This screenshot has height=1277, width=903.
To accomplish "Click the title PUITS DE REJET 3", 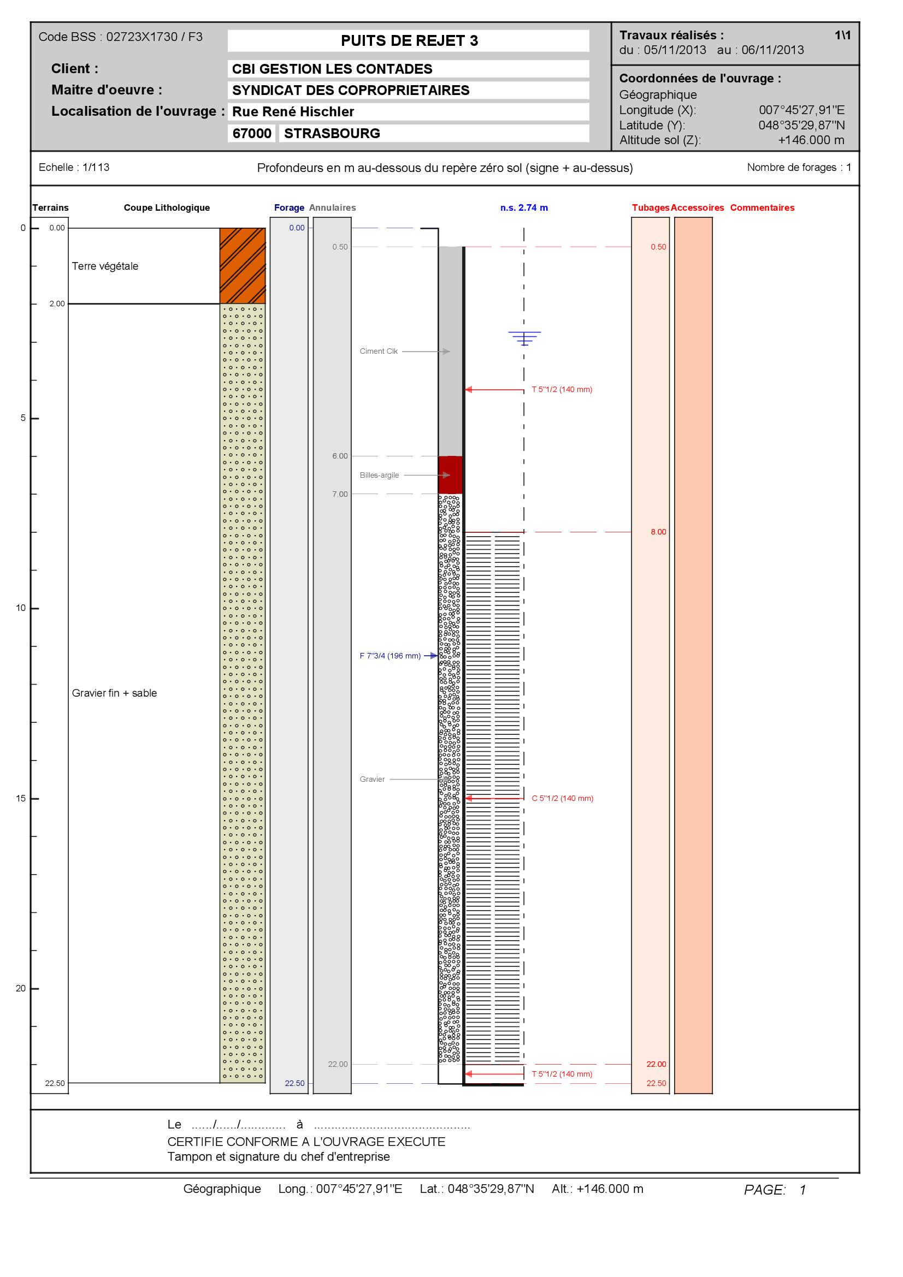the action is click(x=409, y=40).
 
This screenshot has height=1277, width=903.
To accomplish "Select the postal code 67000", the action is click(x=251, y=133).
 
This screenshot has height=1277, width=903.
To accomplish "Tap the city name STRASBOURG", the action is click(x=332, y=133).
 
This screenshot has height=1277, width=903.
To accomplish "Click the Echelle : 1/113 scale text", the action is click(x=74, y=168).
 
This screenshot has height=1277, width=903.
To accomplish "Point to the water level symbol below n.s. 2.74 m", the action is click(x=524, y=338).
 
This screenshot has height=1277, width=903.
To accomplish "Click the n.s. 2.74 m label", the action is click(x=524, y=208).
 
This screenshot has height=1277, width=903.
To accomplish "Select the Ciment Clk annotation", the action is click(x=379, y=352).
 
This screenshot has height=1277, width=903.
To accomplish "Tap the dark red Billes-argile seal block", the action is click(x=450, y=475).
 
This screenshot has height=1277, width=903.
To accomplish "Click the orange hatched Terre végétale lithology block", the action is click(x=243, y=266).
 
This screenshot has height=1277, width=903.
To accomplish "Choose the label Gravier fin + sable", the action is click(x=115, y=693).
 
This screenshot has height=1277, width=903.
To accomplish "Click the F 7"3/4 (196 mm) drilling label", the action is click(x=390, y=656).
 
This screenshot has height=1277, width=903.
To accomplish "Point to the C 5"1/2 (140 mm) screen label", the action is click(x=563, y=798).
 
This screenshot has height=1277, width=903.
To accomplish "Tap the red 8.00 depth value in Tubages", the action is click(x=658, y=532).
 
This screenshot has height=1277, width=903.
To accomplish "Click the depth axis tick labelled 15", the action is click(x=21, y=799).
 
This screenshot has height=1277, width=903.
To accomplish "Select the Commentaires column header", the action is click(x=762, y=208).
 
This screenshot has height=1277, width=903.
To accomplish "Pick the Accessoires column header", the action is click(x=697, y=208).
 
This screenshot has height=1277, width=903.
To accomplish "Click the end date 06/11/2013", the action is click(x=773, y=50).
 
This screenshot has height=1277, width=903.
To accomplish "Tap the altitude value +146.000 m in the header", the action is click(x=811, y=140).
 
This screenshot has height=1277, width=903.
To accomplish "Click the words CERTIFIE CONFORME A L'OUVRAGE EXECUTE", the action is click(x=306, y=1142).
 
